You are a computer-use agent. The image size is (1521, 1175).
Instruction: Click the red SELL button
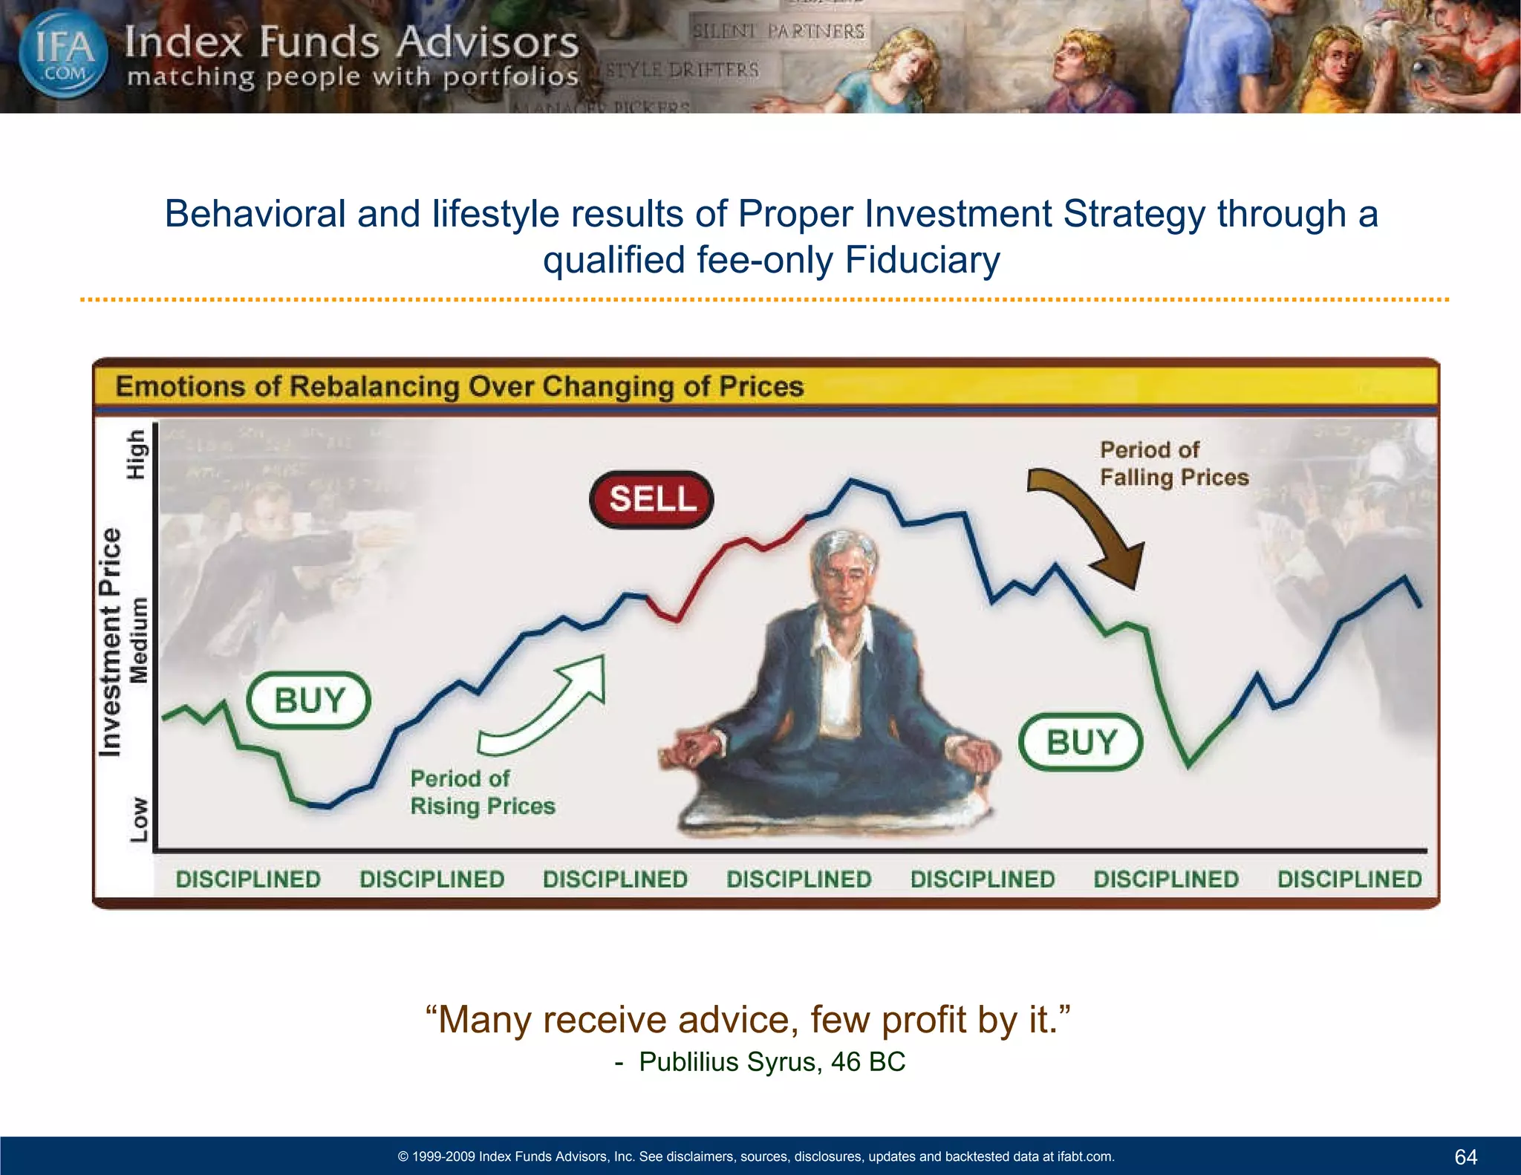[x=651, y=499]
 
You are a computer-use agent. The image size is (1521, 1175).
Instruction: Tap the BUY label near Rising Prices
[x=309, y=700]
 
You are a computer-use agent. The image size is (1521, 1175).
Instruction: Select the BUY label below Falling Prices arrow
[x=1081, y=742]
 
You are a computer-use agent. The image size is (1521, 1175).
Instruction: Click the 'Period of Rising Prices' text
[x=482, y=792]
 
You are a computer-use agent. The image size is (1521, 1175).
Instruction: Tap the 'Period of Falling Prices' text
[x=1173, y=463]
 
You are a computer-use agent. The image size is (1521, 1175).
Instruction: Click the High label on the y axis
[x=137, y=455]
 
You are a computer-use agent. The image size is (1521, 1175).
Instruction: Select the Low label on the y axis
[x=139, y=819]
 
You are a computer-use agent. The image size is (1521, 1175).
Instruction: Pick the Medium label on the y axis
[x=139, y=639]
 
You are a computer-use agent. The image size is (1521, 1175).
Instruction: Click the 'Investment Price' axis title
[x=110, y=642]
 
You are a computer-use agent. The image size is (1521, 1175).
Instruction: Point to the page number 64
[x=1465, y=1156]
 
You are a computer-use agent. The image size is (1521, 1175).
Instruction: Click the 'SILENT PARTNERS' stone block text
[x=778, y=31]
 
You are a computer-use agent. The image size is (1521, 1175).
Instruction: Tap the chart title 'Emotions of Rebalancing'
[x=459, y=386]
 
